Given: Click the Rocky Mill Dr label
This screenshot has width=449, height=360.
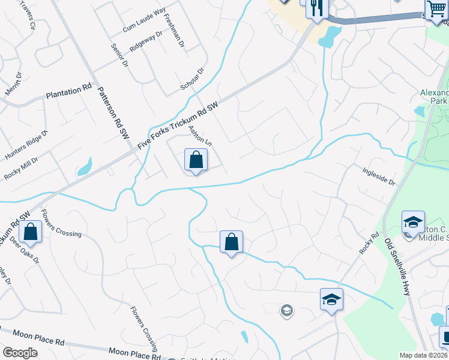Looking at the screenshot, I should coord(21,169).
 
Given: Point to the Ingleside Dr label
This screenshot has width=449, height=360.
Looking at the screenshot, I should coord(379,176).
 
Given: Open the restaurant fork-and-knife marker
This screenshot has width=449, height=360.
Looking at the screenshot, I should coord(316,8).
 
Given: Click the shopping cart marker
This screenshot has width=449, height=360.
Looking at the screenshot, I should coord(436,9).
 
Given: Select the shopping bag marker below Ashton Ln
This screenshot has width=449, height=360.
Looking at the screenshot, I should coord(196,160).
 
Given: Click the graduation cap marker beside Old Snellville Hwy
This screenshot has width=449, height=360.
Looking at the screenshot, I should coord(413,222).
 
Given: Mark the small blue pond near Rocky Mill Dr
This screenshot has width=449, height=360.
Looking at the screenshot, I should coord(86,166).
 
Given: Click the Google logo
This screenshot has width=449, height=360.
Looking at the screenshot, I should coord(20,353).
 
